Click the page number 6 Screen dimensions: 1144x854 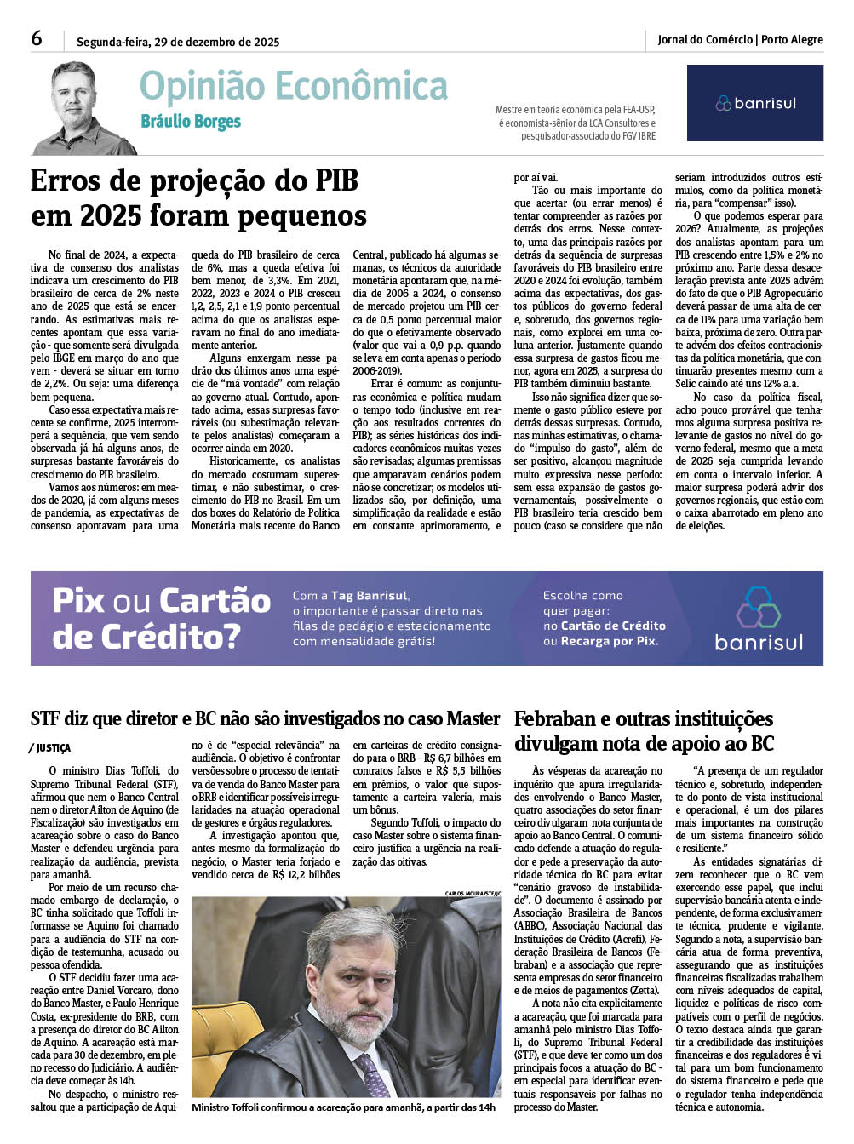coord(37,39)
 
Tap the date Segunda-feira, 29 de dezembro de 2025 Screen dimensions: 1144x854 coord(178,42)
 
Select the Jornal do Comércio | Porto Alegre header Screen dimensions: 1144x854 coord(740,40)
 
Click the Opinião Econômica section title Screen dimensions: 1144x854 coord(293,87)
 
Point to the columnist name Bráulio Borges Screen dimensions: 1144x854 coord(191,122)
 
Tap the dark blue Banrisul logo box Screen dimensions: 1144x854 coord(754,103)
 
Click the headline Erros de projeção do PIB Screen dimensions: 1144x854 coord(194,181)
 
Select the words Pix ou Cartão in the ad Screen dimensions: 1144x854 coord(162,601)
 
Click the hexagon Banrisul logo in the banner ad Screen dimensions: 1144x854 coord(758,606)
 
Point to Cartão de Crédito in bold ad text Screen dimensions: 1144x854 coord(613,626)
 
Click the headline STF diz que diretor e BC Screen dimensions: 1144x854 coord(265,718)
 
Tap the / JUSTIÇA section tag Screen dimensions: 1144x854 coord(51,748)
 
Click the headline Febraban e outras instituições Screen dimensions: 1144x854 coord(644,719)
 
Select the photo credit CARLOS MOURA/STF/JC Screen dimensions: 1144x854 coord(473,893)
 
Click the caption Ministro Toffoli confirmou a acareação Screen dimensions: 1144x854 coord(343,1107)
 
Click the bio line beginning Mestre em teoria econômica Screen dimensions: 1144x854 coord(576,110)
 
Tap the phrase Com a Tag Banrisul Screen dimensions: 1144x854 coord(350,596)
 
